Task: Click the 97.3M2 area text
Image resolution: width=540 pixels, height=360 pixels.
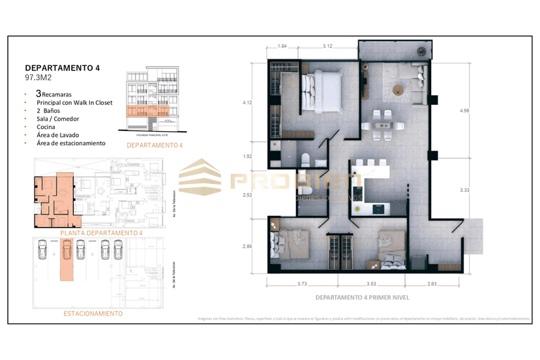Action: click(x=38, y=78)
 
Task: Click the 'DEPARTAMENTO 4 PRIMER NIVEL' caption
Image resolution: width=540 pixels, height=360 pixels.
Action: click(x=357, y=297)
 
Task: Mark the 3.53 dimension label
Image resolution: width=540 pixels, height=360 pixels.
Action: click(x=370, y=283)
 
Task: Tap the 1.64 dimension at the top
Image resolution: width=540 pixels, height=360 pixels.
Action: click(x=282, y=46)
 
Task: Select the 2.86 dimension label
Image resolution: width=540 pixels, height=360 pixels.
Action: click(x=247, y=247)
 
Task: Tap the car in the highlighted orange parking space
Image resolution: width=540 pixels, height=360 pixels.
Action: click(x=66, y=249)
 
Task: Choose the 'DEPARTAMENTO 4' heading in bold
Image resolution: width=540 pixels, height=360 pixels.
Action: click(x=63, y=67)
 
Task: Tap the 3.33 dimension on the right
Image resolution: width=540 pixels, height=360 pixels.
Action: click(x=465, y=190)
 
